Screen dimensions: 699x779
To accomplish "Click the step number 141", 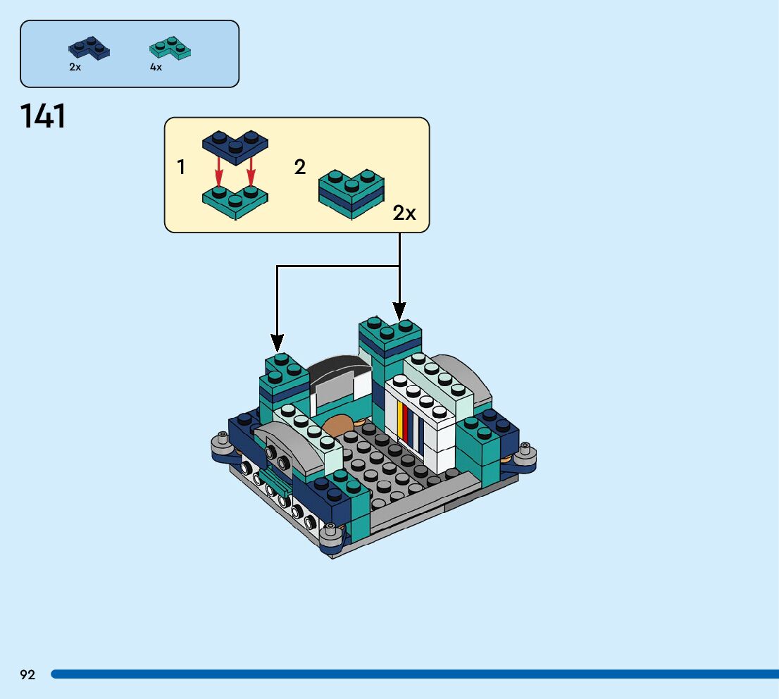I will (44, 116).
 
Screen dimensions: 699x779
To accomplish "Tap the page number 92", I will (27, 674).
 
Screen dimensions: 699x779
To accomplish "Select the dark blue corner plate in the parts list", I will (89, 48).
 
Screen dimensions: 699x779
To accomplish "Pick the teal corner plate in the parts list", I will (170, 48).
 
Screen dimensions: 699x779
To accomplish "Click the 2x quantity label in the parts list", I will (75, 67).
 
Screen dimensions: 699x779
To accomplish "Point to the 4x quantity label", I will (156, 67).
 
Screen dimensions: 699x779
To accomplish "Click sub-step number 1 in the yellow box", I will (181, 168).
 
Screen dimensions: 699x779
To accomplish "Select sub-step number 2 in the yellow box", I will (300, 168).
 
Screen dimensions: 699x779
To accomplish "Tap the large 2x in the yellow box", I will (404, 213).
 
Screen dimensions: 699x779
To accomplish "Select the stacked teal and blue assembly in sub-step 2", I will (351, 192).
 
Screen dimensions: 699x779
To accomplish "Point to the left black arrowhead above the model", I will (278, 343).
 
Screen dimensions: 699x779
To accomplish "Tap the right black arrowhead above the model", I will (399, 310).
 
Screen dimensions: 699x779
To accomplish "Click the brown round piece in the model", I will (339, 426).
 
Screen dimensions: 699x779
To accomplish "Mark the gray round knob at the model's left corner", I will (223, 442).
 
